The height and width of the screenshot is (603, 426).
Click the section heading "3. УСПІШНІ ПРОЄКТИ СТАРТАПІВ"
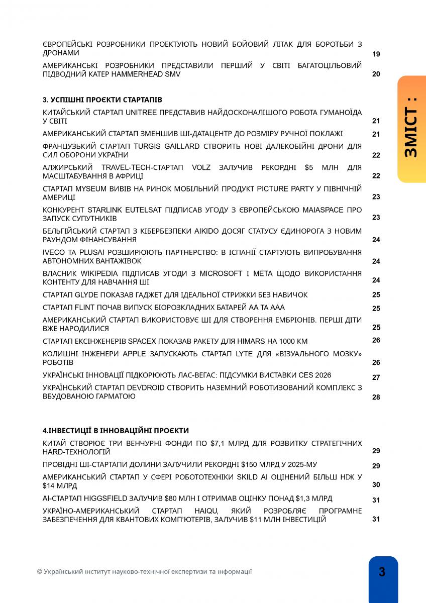102,100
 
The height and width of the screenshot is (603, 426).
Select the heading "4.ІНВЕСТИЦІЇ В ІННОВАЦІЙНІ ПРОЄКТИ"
116,431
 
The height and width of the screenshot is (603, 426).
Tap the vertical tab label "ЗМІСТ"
411,132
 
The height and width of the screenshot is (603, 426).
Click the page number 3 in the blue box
382,572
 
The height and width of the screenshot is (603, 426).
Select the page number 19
376,54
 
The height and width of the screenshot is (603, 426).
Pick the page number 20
376,74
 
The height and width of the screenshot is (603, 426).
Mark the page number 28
376,397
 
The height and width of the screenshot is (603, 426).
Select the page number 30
376,485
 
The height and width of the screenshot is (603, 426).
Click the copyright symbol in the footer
39,572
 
